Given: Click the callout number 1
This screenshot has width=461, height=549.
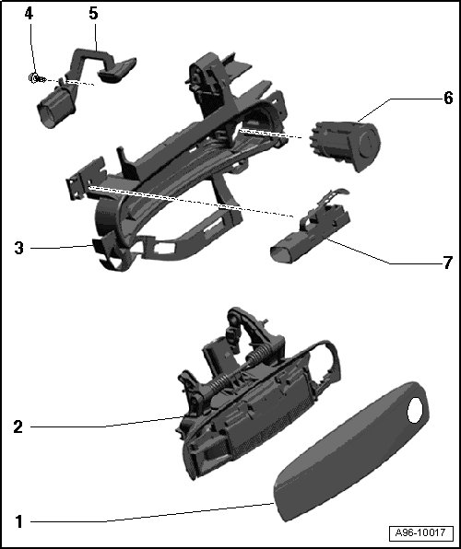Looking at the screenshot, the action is [x=19, y=521].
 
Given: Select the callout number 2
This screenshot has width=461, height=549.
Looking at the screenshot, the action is [x=18, y=426].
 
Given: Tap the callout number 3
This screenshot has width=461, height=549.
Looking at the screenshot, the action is [x=19, y=248].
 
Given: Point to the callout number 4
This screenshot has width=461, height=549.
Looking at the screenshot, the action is [x=29, y=14].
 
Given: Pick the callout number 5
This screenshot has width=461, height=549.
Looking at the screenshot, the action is [x=93, y=14].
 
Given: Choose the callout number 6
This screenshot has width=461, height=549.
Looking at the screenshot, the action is [x=448, y=98].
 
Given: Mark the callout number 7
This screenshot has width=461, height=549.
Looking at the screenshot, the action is [x=447, y=263].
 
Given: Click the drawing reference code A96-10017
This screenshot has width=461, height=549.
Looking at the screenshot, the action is [x=420, y=533].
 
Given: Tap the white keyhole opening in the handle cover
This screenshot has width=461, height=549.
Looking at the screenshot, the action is [x=415, y=410].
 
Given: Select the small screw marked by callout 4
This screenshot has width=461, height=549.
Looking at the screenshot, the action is [x=37, y=78].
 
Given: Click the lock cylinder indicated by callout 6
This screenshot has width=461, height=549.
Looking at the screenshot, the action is [x=345, y=145].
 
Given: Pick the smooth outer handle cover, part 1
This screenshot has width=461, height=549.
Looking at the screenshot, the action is [x=350, y=451].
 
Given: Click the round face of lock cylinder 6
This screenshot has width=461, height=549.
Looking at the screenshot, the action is [x=368, y=143].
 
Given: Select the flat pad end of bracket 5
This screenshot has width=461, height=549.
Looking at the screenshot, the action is [x=117, y=70].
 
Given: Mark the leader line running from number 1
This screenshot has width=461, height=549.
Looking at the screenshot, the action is [x=152, y=513].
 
